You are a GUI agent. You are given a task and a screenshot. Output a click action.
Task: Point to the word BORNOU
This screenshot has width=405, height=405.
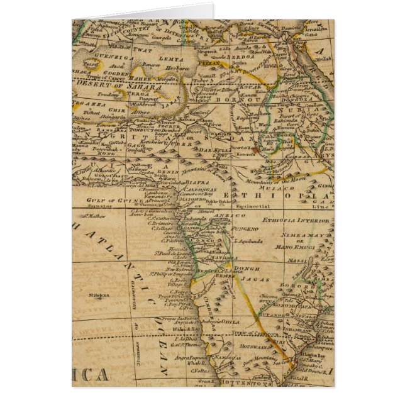[x=229, y=99]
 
